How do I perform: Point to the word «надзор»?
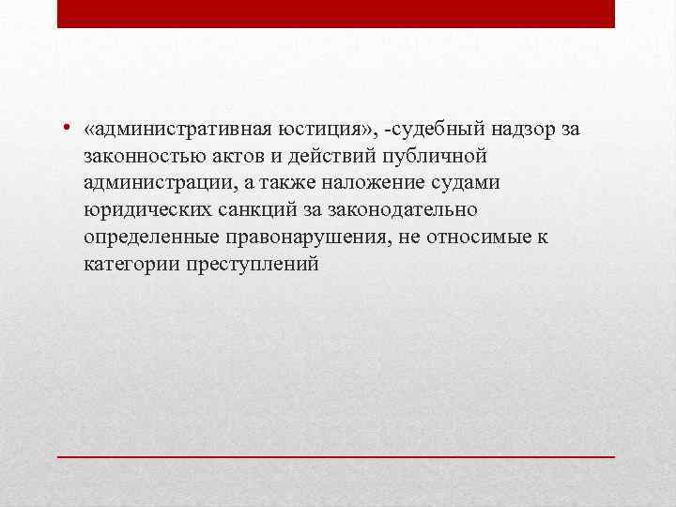(x=524, y=128)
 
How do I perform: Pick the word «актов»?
(x=234, y=155)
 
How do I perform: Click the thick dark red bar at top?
(x=336, y=13)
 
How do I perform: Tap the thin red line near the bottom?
(x=336, y=455)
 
